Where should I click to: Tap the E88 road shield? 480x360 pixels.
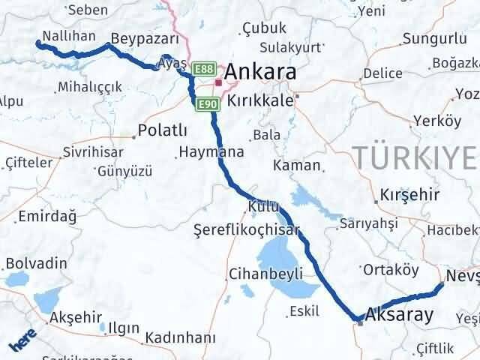tap(202, 70)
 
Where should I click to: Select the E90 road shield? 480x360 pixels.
tap(207, 104)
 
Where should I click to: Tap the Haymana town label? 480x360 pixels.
tap(211, 152)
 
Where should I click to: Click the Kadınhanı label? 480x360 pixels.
tap(181, 337)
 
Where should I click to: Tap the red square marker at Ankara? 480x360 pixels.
tap(218, 82)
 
